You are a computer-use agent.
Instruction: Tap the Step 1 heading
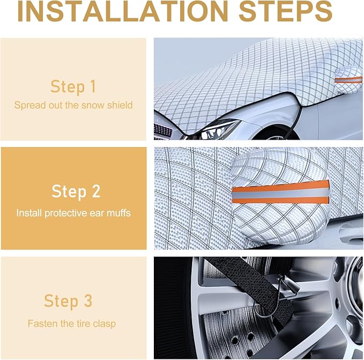[x=73, y=86]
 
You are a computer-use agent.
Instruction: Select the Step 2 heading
[x=76, y=192]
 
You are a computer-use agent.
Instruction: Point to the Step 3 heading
[x=68, y=301]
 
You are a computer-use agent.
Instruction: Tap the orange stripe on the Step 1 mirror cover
[x=348, y=80]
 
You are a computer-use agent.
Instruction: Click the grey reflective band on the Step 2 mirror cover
[x=280, y=193]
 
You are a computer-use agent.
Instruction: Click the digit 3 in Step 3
[x=88, y=300]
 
